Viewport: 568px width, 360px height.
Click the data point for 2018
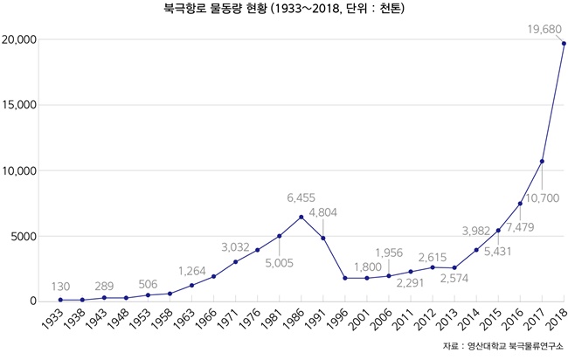[564, 44]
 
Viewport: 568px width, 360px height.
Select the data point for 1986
[301, 217]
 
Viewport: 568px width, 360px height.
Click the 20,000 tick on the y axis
[18, 40]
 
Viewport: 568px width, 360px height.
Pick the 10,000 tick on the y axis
[18, 171]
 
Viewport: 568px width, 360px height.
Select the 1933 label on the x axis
[52, 322]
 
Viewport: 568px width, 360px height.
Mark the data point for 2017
[542, 161]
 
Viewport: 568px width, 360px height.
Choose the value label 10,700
[543, 199]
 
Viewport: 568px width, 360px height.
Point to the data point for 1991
[323, 238]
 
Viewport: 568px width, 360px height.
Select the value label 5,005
[279, 262]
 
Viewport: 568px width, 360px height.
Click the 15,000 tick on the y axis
[18, 106]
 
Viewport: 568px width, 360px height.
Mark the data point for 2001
[367, 278]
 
